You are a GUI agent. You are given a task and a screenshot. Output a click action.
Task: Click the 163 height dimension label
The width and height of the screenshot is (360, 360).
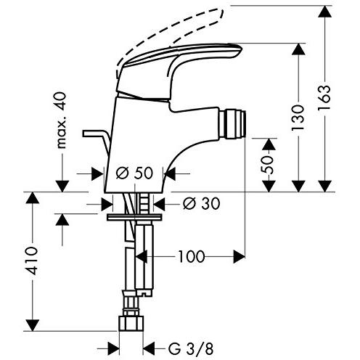[324, 97]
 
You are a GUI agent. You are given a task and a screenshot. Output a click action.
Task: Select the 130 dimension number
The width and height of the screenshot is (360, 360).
[298, 118]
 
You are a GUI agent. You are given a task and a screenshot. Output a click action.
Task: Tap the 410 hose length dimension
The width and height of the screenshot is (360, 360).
[32, 261]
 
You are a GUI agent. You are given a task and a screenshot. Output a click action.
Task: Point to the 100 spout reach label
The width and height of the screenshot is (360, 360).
[192, 256]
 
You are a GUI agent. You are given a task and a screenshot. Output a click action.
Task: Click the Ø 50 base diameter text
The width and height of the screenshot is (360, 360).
[134, 173]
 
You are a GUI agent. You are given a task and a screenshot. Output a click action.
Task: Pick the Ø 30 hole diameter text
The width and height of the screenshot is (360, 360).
[202, 203]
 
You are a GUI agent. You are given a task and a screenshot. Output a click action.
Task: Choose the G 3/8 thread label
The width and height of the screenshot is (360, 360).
[191, 349]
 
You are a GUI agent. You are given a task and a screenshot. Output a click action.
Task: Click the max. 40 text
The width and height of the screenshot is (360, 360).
[61, 120]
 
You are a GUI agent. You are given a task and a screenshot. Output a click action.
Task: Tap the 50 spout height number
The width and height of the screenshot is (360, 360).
[268, 165]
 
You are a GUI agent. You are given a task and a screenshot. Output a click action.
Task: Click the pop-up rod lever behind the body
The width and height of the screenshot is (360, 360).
[97, 140]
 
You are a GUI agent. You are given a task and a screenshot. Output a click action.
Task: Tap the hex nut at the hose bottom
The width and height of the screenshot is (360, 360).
[131, 323]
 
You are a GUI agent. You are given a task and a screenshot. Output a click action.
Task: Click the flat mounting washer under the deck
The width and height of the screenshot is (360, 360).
[134, 217]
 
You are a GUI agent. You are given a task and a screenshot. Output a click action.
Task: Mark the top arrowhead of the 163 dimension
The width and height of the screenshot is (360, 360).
[324, 11]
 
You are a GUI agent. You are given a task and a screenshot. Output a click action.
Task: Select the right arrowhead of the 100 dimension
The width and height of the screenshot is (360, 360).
[240, 257]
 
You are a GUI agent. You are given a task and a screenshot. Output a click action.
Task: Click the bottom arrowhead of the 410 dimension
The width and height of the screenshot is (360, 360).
[32, 325]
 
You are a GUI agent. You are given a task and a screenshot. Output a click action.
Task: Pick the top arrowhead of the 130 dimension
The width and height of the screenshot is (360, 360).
[298, 49]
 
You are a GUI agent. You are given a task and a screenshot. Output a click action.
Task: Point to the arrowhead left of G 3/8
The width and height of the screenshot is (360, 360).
[114, 348]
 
